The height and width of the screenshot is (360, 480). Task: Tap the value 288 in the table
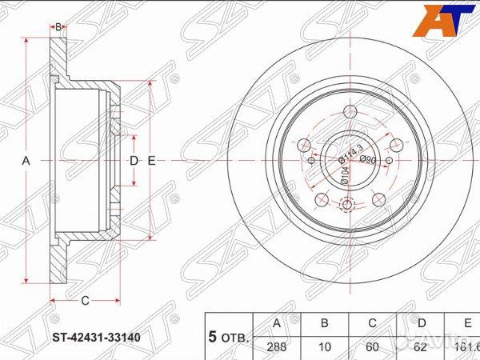(277, 348)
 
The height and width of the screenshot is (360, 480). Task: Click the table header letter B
(324, 324)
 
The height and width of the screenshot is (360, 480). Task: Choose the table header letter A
(277, 324)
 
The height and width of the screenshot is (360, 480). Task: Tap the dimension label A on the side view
(26, 161)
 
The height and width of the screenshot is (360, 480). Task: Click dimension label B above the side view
(58, 27)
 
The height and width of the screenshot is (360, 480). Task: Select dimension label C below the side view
(84, 301)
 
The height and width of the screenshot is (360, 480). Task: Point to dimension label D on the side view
(134, 161)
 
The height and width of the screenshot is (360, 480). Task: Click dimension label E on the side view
(150, 161)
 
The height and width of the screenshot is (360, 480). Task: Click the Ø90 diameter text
(368, 160)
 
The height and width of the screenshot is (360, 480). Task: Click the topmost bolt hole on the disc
(349, 113)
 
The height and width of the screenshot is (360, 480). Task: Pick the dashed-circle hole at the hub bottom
(346, 206)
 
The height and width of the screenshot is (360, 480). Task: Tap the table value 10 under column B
(324, 348)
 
